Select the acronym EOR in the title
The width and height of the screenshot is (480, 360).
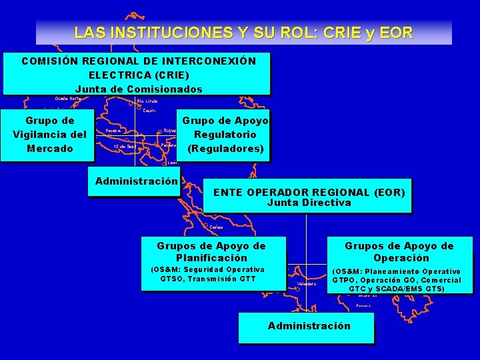pyautogui.click(x=398, y=32)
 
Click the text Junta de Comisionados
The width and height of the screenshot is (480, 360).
pyautogui.click(x=138, y=89)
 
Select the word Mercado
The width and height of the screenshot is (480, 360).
pyautogui.click(x=50, y=148)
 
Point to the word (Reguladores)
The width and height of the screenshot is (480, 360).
pyautogui.click(x=225, y=148)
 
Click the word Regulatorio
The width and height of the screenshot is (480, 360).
pyautogui.click(x=225, y=135)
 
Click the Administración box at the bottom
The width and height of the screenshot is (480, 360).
pyautogui.click(x=309, y=326)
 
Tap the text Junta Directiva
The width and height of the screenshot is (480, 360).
pyautogui.click(x=309, y=203)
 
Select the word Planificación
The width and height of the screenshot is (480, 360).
pyautogui.click(x=211, y=258)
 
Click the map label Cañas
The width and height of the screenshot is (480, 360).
pyautogui.click(x=216, y=227)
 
